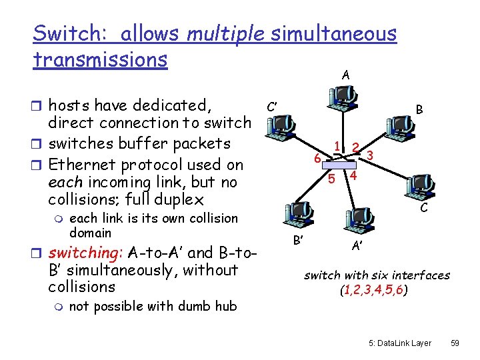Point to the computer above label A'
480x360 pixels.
pyautogui.click(x=357, y=220)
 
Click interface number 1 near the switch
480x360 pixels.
pyautogui.click(x=338, y=146)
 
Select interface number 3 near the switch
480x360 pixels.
pyautogui.click(x=370, y=155)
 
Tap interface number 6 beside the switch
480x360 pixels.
pyautogui.click(x=318, y=159)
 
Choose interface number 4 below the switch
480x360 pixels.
pyautogui.click(x=354, y=176)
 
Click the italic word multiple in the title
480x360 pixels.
pyautogui.click(x=225, y=33)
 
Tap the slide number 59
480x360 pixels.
pyautogui.click(x=455, y=343)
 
